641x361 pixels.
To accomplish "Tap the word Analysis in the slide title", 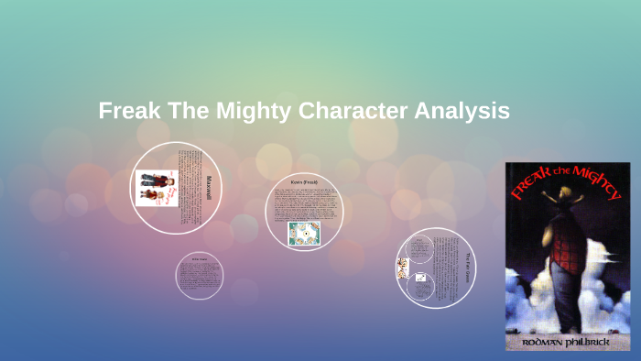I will (x=461, y=112).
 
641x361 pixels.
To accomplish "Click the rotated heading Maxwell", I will (x=210, y=188).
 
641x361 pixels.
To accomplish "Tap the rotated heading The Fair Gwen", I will (x=466, y=268).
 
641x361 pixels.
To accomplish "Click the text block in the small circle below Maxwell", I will (x=201, y=276).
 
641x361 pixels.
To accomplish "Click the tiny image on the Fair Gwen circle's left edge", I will (x=402, y=268).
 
